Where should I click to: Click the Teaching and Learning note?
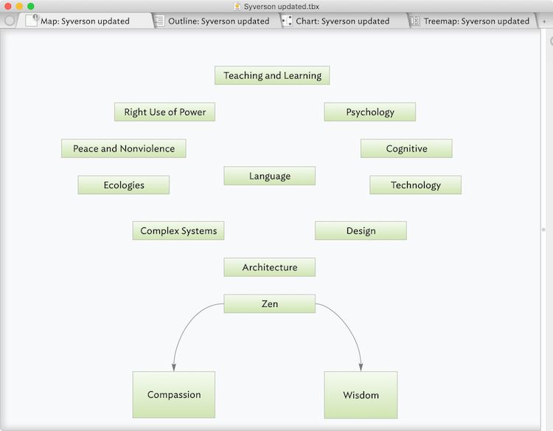(x=272, y=75)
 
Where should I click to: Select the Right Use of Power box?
(x=164, y=112)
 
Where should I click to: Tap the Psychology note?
(x=369, y=112)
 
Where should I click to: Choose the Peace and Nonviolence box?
(x=123, y=148)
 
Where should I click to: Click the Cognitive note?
(x=406, y=148)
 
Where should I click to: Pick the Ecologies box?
(x=123, y=185)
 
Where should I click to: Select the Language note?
(x=269, y=176)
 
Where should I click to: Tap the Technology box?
(x=415, y=185)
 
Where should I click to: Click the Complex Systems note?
(x=178, y=231)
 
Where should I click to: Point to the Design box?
(x=361, y=231)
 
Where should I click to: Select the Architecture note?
(x=269, y=267)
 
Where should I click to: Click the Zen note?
(x=269, y=304)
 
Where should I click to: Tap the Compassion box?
(x=173, y=395)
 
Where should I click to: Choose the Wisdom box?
(x=361, y=395)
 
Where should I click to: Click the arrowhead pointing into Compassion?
(x=174, y=366)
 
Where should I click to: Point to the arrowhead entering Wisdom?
(x=361, y=366)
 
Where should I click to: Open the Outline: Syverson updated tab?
(x=218, y=21)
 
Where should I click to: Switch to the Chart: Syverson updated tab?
(x=342, y=21)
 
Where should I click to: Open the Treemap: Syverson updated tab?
(x=476, y=21)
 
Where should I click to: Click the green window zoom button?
(x=31, y=7)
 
